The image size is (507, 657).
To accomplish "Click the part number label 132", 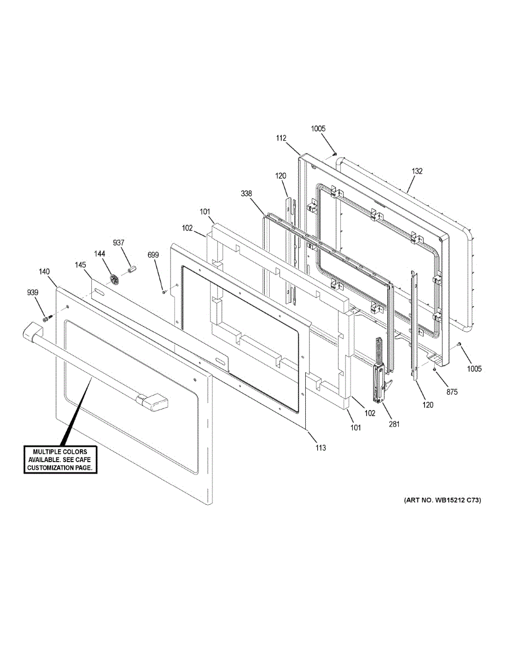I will pos(417,171).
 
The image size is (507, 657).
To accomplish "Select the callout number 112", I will pos(281,139).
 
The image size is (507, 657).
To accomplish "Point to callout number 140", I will pos(44,272).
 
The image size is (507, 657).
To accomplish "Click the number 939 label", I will pos(33,293).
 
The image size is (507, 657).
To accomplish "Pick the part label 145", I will pos(80,265).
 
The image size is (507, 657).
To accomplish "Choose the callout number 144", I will pos(100,253).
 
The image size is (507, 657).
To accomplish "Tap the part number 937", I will pos(119,243).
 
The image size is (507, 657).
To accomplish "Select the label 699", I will pos(154,255).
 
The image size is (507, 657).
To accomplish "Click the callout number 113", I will pos(320,448).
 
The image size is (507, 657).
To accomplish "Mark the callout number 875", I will pos(452,392).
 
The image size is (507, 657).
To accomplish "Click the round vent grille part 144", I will pos(114,279).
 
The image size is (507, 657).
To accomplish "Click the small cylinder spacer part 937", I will pos(131,269).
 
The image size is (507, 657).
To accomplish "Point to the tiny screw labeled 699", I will pos(164,292).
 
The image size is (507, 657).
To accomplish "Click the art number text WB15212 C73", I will pos(442,500).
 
